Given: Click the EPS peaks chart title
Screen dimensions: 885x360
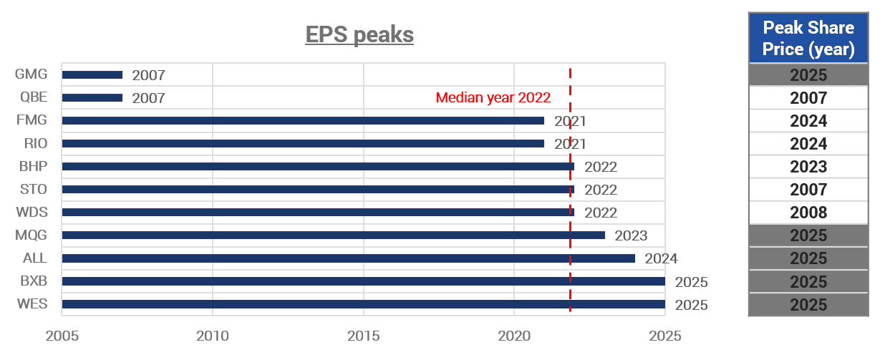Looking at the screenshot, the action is tap(359, 35).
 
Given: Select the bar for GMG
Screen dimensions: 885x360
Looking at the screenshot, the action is tap(92, 74).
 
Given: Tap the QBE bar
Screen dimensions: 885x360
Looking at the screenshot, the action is tap(92, 97).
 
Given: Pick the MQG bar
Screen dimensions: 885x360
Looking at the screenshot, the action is tap(334, 235).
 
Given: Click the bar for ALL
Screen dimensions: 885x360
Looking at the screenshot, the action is tap(349, 258).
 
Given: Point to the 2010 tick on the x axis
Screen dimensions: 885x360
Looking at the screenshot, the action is tap(213, 336).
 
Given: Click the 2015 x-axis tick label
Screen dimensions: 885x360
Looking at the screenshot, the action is tap(364, 336).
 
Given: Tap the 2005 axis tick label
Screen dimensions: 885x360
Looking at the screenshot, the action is tap(62, 336).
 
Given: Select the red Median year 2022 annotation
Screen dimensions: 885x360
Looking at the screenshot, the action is tap(493, 97).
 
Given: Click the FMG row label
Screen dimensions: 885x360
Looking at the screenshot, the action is tap(32, 120).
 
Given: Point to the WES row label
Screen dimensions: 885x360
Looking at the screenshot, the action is tap(32, 304).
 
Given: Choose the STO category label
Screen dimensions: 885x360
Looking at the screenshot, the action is tap(34, 189).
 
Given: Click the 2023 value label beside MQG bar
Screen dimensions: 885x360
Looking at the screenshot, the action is tap(631, 235).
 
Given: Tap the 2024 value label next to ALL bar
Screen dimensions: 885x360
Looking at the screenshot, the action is tap(661, 258).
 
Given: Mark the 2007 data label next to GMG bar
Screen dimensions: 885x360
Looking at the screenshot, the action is tap(148, 75).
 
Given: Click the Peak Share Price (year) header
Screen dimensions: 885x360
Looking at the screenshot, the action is tap(808, 38).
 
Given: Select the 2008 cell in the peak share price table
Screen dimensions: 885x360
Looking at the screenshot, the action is tap(808, 213).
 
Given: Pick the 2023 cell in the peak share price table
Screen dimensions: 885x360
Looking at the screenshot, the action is tap(808, 167).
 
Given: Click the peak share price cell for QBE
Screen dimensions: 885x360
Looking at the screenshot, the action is tap(808, 98).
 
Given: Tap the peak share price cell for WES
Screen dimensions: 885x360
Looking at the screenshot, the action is tap(808, 305).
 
